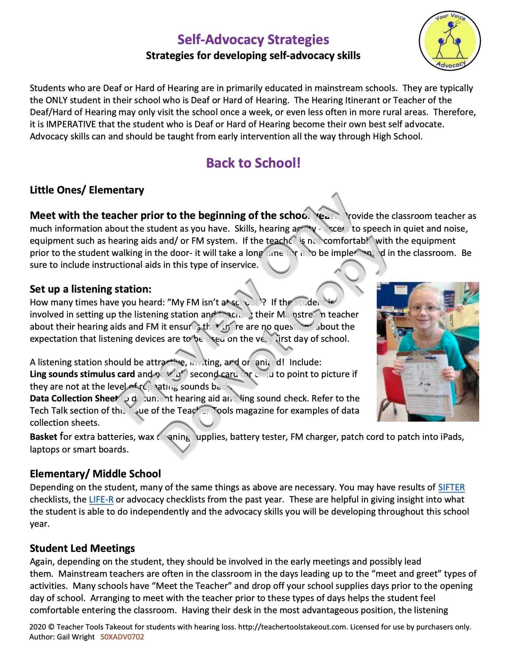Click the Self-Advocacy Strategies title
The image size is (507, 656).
[253, 40]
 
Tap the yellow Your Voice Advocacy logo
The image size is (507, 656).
[450, 41]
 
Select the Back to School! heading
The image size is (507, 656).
[253, 163]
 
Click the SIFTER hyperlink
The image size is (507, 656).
[451, 487]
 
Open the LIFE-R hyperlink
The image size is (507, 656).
[101, 499]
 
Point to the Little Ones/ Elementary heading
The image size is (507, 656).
[87, 190]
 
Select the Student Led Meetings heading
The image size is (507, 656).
[82, 548]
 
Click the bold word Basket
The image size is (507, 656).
[44, 437]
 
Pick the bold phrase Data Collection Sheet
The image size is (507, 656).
[73, 398]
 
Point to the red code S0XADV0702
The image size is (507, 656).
[122, 637]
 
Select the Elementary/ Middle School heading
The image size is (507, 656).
[95, 474]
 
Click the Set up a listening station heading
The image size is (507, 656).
[90, 289]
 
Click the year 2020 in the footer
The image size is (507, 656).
[38, 627]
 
